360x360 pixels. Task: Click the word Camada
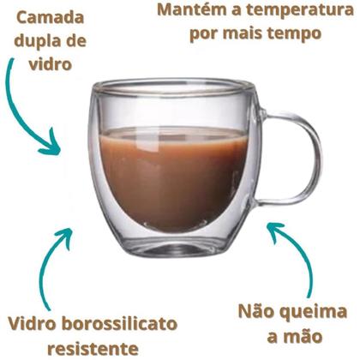(x=51, y=18)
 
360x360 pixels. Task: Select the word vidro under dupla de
(x=51, y=64)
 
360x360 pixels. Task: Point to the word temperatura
(x=300, y=10)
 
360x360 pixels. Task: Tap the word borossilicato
(x=120, y=324)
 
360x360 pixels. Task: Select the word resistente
(x=93, y=349)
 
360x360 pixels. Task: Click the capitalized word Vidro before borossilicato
(x=33, y=324)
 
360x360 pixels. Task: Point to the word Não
(x=255, y=311)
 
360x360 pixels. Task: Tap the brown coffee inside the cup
(x=172, y=177)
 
